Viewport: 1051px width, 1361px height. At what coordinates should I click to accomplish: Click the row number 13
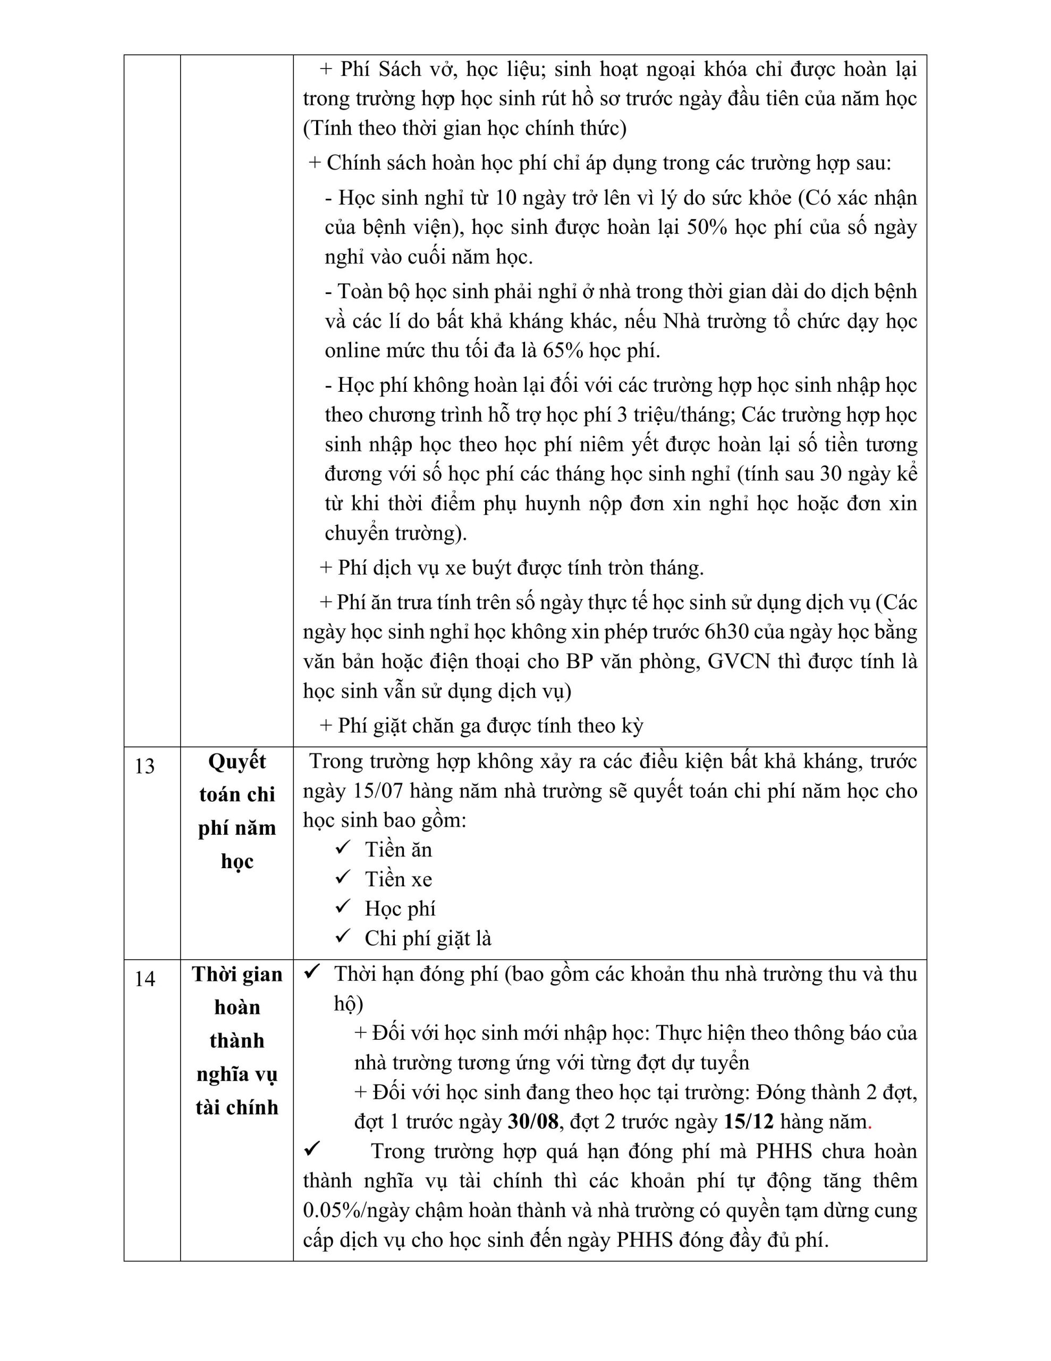point(145,766)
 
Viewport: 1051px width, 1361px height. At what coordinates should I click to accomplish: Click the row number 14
point(145,979)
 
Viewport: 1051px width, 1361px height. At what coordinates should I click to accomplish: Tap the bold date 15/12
point(749,1122)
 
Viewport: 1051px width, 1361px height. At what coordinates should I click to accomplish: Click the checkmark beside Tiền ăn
point(343,848)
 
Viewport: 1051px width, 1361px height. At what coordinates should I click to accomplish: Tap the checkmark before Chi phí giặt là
point(343,936)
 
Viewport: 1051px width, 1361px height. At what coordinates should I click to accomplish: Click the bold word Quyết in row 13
point(237,761)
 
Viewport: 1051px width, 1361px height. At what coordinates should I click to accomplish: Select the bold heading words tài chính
point(237,1107)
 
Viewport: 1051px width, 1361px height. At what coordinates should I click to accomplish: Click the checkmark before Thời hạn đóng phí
point(311,972)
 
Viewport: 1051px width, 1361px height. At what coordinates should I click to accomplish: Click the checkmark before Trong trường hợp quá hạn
point(311,1148)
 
